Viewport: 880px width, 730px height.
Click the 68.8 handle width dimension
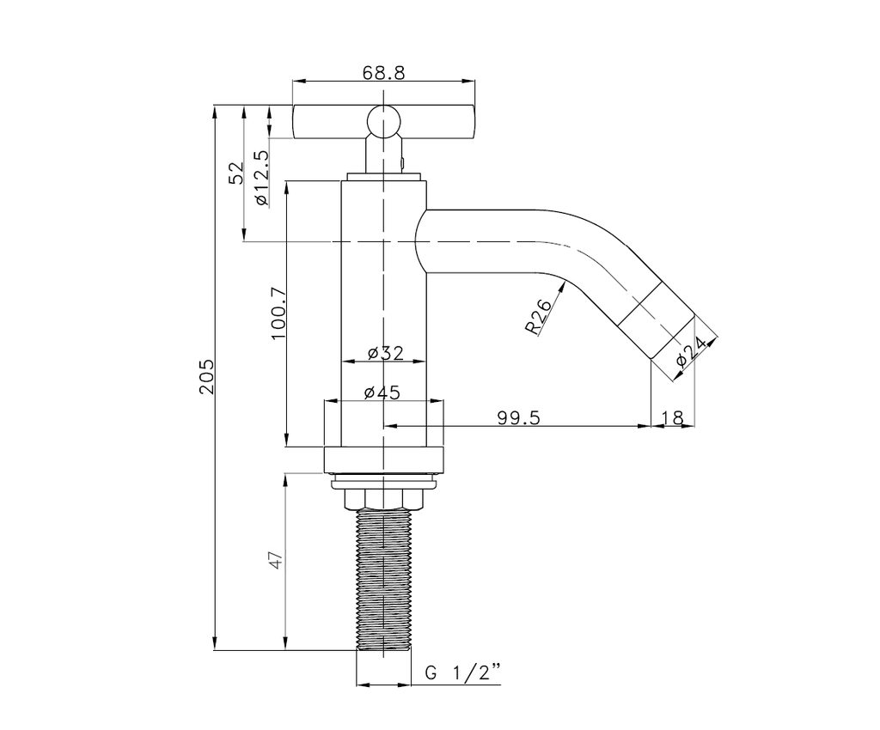coord(383,73)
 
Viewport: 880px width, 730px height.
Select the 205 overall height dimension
coord(206,376)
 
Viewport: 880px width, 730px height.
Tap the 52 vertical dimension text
coord(236,173)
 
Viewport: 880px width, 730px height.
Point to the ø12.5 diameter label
coord(261,178)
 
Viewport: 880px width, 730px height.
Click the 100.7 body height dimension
coord(279,313)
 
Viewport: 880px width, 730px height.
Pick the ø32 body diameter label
coord(386,353)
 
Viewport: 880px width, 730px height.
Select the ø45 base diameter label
coord(382,392)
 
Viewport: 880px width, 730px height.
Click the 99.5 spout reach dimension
coord(518,417)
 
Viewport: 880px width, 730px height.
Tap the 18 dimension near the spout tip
coord(672,417)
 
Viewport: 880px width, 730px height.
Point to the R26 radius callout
coord(539,317)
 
